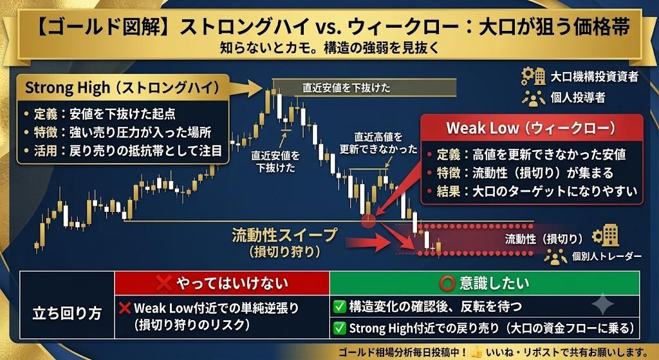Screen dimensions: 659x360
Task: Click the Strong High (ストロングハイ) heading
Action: click(x=122, y=88)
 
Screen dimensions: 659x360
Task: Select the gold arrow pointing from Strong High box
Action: click(x=246, y=88)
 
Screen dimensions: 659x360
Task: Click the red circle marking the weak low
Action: click(x=369, y=220)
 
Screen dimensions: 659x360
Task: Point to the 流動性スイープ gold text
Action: click(x=284, y=235)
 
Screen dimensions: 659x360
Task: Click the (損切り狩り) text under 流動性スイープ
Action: click(x=284, y=252)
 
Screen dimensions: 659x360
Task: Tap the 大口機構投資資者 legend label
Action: click(x=594, y=77)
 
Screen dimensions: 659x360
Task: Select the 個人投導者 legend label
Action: click(x=578, y=98)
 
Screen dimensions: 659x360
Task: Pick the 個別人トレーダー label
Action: click(x=606, y=256)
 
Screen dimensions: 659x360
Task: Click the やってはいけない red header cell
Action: click(x=222, y=283)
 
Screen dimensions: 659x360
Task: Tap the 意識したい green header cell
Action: click(x=485, y=283)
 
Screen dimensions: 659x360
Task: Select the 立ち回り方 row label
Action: click(x=67, y=314)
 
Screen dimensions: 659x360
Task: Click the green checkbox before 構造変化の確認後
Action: click(x=339, y=307)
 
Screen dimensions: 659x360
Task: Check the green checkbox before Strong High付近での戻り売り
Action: click(x=339, y=328)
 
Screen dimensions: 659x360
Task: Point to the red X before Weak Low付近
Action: click(x=125, y=308)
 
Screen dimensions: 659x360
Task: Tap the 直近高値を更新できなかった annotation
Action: click(x=378, y=143)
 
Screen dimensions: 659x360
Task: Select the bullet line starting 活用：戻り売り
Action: click(x=122, y=151)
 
